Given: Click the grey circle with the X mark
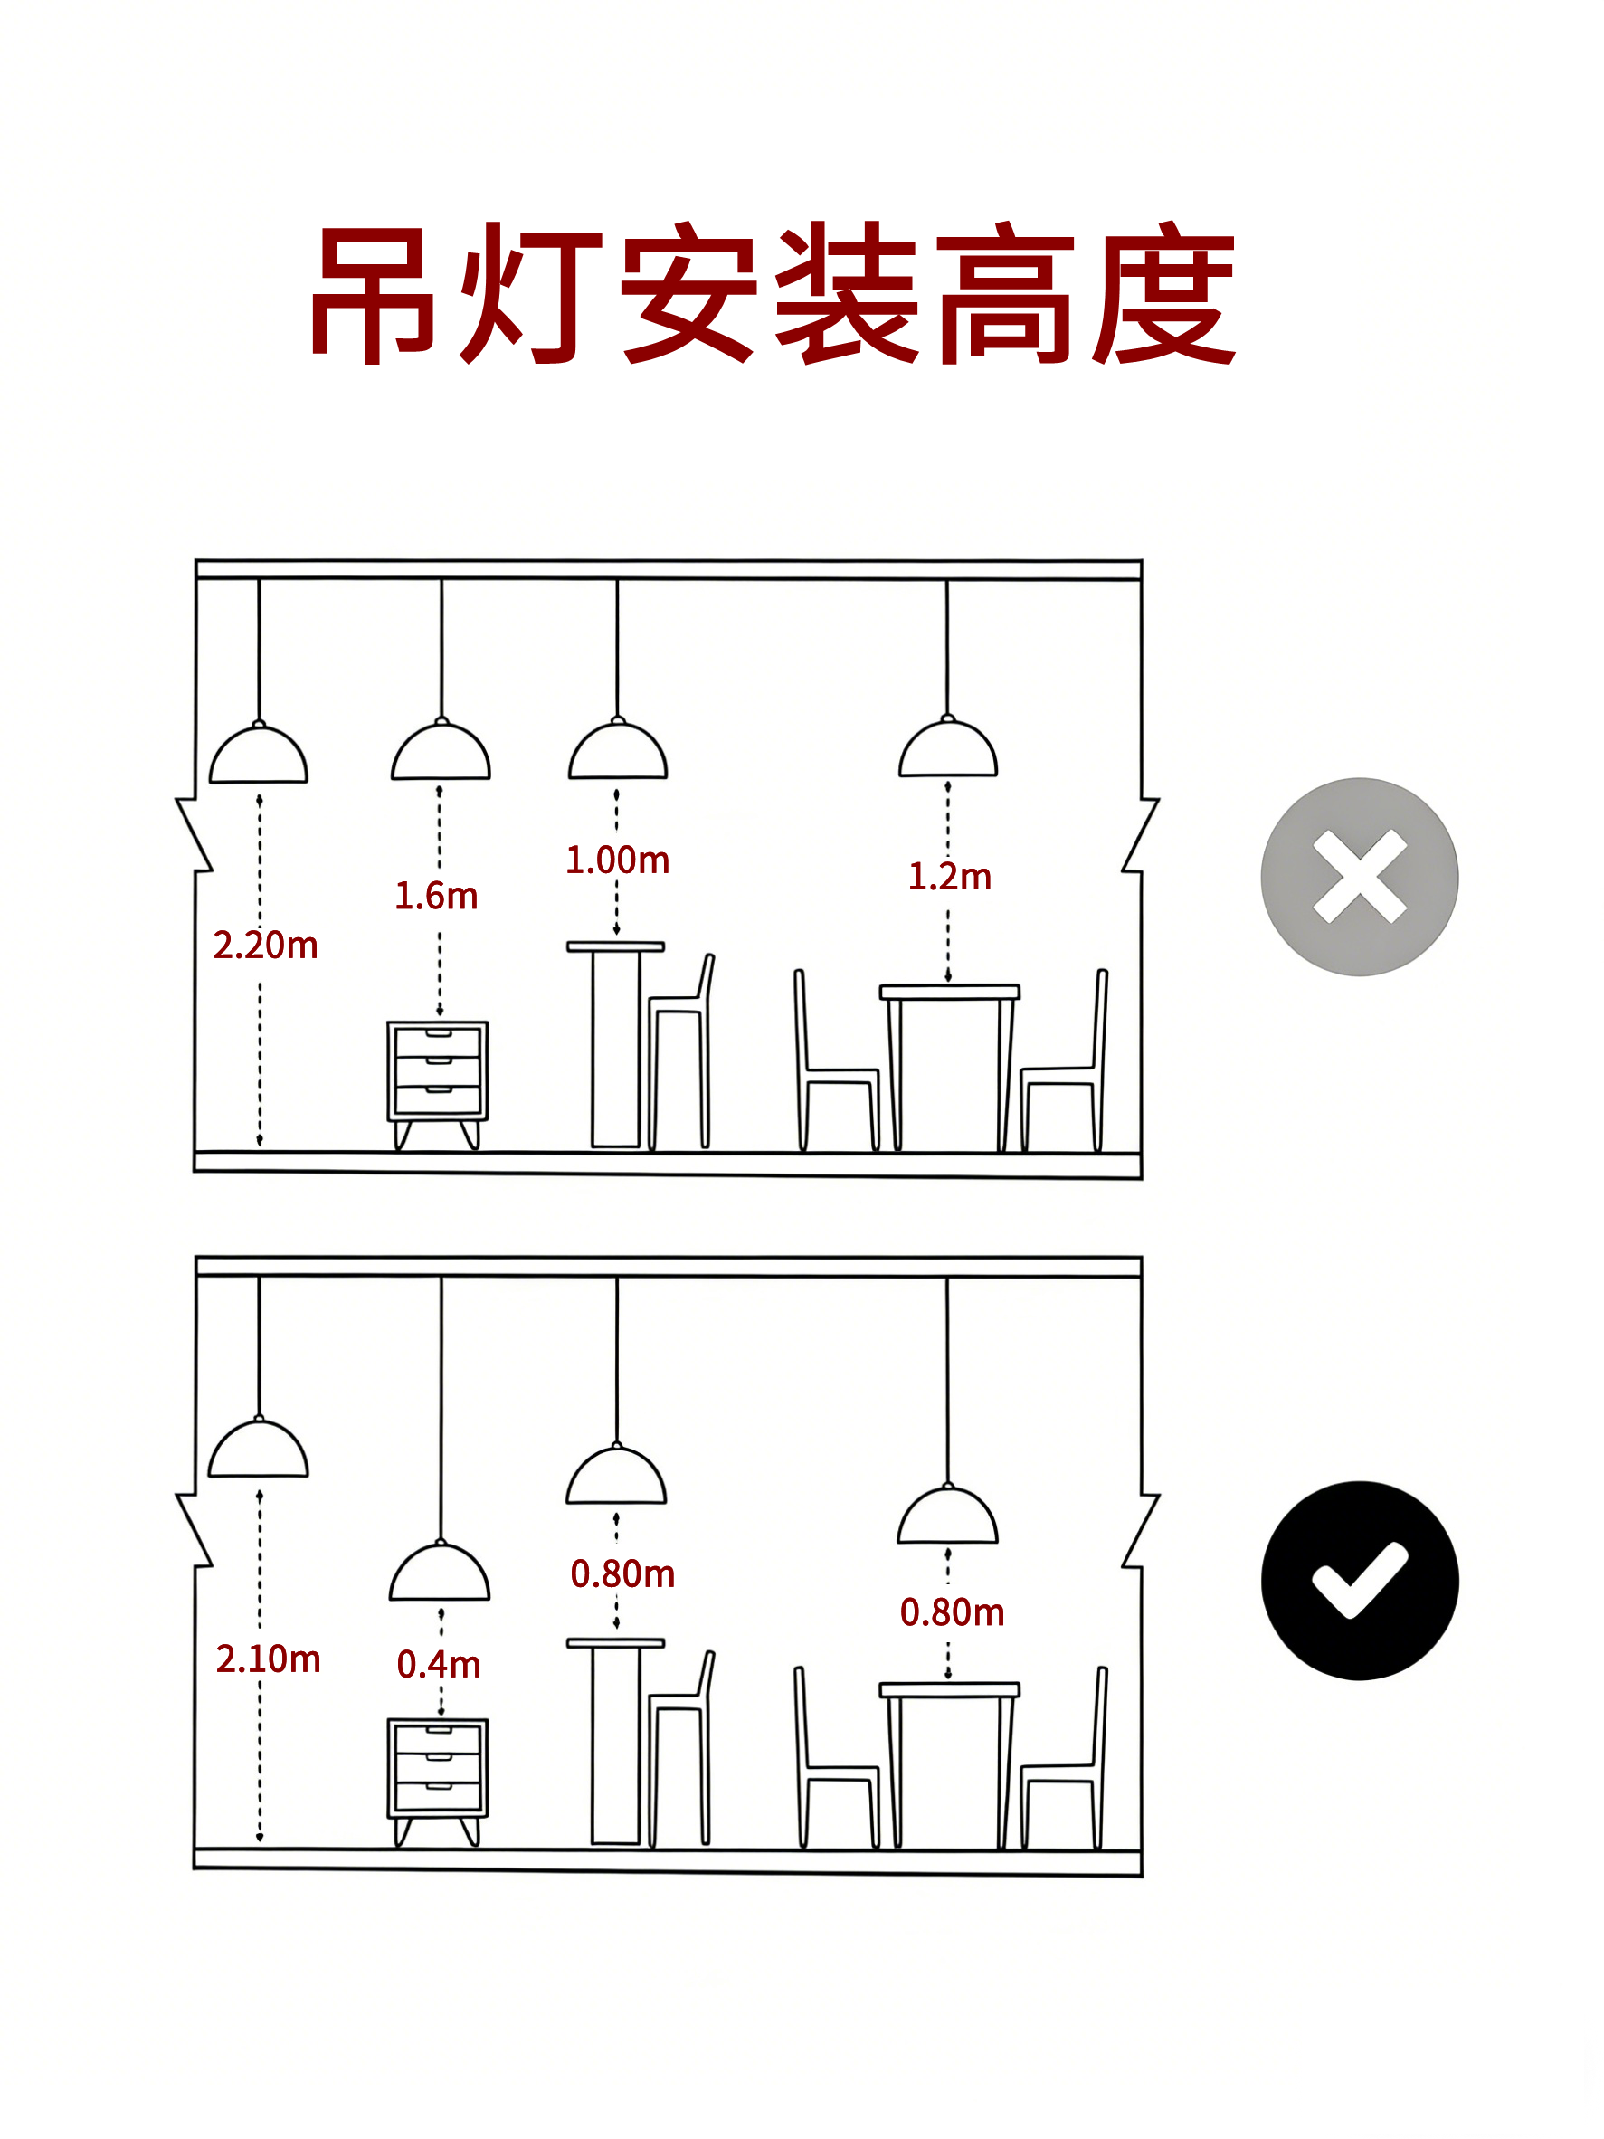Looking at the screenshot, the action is tap(1359, 876).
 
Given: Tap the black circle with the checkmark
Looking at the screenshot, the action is tap(1359, 1580).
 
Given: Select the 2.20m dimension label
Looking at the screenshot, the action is tap(265, 945).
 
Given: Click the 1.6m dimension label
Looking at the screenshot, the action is tap(436, 896).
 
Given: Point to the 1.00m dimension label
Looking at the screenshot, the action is tap(617, 860).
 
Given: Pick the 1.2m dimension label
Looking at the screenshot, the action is tap(949, 876).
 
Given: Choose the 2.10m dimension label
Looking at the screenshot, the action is tap(268, 1659).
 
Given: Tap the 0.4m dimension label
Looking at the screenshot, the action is tap(439, 1664).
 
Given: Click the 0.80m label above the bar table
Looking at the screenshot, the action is tap(622, 1573).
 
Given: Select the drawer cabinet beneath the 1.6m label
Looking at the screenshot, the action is tap(437, 1085).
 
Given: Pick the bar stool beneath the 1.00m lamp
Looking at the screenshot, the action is tap(680, 1051).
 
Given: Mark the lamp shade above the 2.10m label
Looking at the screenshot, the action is tap(258, 1447).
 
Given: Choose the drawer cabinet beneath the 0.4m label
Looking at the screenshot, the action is tap(437, 1782).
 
